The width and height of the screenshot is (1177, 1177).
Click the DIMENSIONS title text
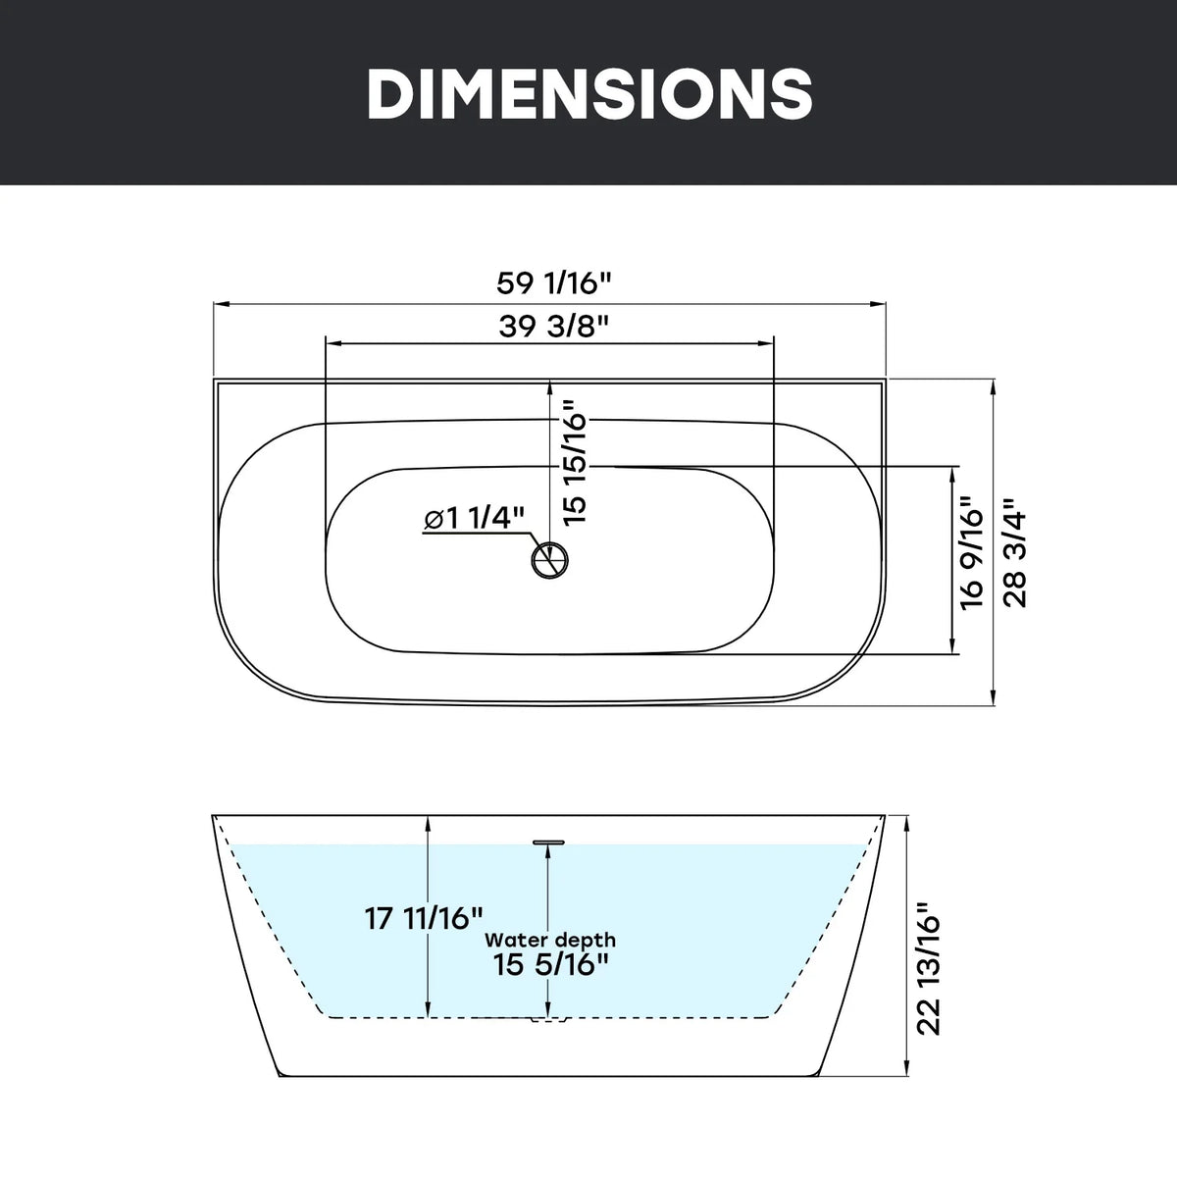tap(589, 93)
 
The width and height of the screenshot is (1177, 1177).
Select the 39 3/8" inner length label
tap(554, 327)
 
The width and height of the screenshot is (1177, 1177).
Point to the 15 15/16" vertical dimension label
tap(575, 462)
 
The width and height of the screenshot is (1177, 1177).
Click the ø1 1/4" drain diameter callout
tap(475, 519)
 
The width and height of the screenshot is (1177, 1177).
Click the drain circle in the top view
tap(549, 559)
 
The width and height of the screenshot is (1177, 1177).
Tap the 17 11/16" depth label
tap(424, 935)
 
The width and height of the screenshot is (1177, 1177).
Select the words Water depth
tap(549, 957)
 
